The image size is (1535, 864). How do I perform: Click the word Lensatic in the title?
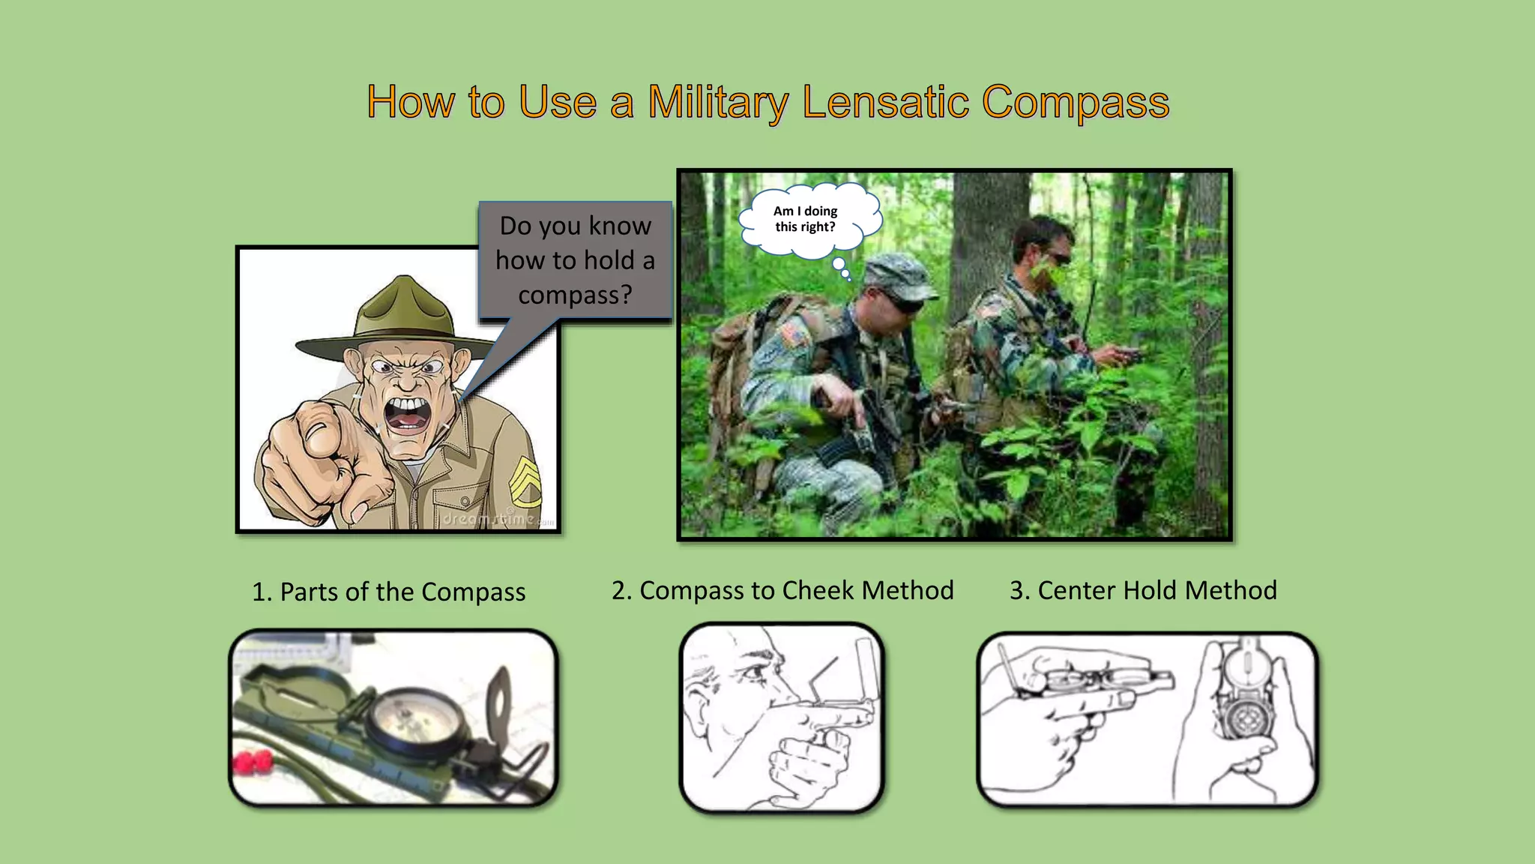885,102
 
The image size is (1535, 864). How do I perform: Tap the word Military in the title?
717,102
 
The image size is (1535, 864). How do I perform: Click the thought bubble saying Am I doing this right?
806,220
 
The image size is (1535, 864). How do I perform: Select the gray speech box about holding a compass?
575,260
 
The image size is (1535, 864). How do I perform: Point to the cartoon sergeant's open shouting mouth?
407,415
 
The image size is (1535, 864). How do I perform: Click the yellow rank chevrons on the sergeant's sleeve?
526,480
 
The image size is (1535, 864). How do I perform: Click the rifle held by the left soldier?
862,435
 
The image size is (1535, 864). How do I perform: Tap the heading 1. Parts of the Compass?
388,592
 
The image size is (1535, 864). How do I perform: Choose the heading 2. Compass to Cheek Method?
782,590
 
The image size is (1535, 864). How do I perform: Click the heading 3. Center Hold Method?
1143,590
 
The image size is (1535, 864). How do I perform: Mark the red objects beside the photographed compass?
253,763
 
